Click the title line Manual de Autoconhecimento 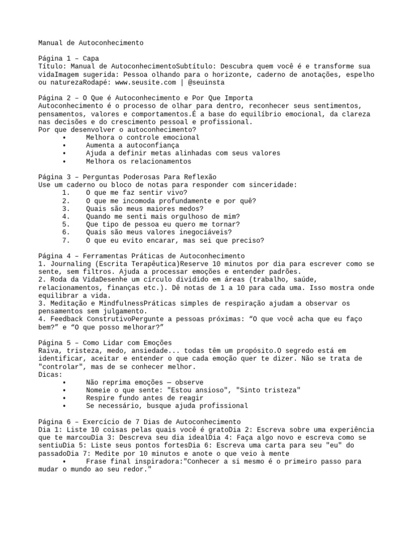pos(91,43)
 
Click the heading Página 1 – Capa pos(68,59)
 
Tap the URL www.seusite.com pos(146,83)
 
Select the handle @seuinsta pos(206,83)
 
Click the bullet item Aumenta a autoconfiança pos(132,145)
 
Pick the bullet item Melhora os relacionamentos pos(138,161)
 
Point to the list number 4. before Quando pos(66,216)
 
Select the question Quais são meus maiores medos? pos(144,209)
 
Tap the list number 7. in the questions pos(66,241)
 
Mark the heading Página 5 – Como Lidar pos(105,343)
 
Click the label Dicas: pos(51,375)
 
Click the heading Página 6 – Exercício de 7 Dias pos(140,421)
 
